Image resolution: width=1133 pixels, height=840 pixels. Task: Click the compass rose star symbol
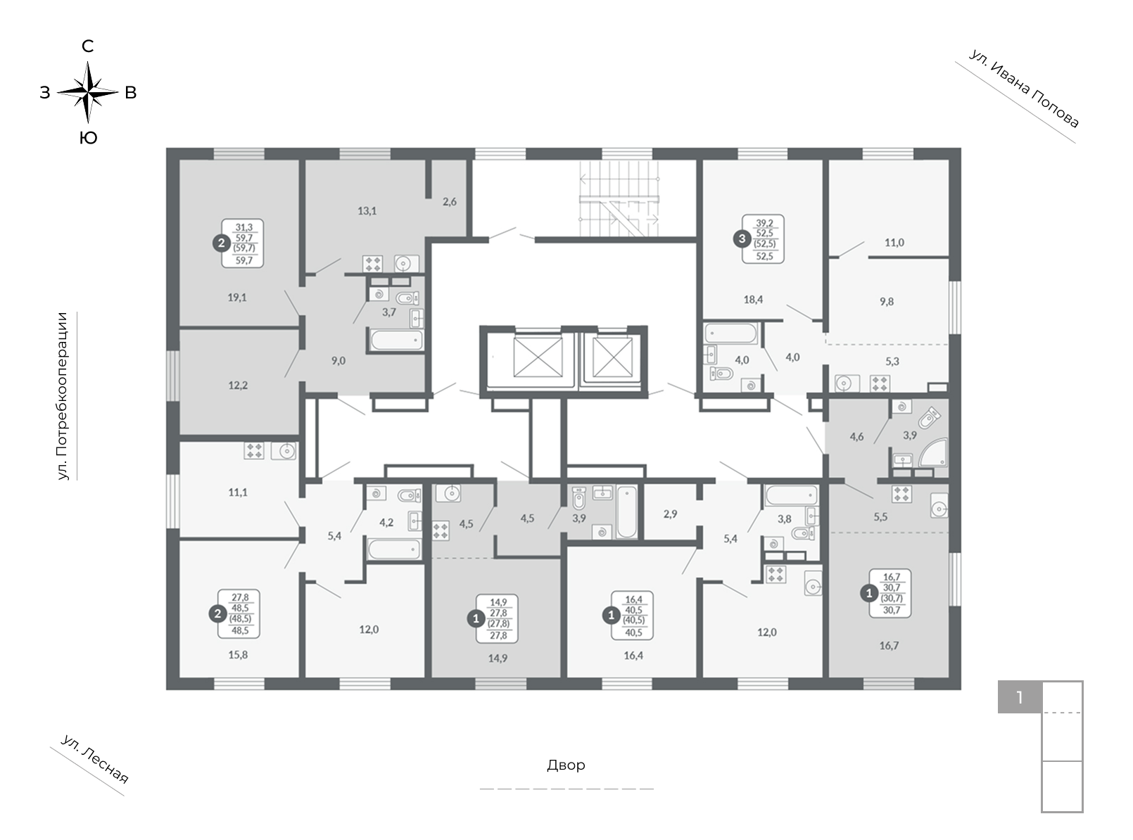pyautogui.click(x=88, y=92)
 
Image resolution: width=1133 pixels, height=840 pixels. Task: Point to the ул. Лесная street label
pyautogui.click(x=94, y=759)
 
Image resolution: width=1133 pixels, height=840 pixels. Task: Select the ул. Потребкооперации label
pyautogui.click(x=62, y=396)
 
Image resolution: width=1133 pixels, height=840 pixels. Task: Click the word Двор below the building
pyautogui.click(x=566, y=765)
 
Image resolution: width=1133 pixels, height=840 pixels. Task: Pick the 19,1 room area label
pyautogui.click(x=237, y=297)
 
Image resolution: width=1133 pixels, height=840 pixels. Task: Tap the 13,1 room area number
pyautogui.click(x=367, y=210)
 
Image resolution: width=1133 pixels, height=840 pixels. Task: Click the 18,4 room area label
pyautogui.click(x=753, y=299)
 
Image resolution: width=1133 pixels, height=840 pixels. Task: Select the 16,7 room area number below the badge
pyautogui.click(x=889, y=645)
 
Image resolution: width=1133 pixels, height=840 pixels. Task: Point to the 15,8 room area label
pyautogui.click(x=238, y=654)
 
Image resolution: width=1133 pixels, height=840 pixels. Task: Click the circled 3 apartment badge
pyautogui.click(x=742, y=238)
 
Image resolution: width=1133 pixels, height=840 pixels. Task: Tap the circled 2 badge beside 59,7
pyautogui.click(x=221, y=243)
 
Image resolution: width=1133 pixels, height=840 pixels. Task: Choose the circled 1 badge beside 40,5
pyautogui.click(x=611, y=616)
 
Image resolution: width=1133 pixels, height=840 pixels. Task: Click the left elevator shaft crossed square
pyautogui.click(x=538, y=357)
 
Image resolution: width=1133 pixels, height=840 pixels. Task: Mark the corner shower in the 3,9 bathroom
pyautogui.click(x=932, y=452)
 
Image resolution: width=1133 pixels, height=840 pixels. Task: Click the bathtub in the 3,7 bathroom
pyautogui.click(x=397, y=340)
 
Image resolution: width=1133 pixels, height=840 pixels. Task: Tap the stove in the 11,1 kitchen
pyautogui.click(x=254, y=450)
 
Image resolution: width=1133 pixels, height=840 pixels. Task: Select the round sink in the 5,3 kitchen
pyautogui.click(x=847, y=383)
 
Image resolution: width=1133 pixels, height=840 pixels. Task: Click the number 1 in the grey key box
pyautogui.click(x=1019, y=697)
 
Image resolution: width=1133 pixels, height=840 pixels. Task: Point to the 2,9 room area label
pyautogui.click(x=670, y=514)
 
